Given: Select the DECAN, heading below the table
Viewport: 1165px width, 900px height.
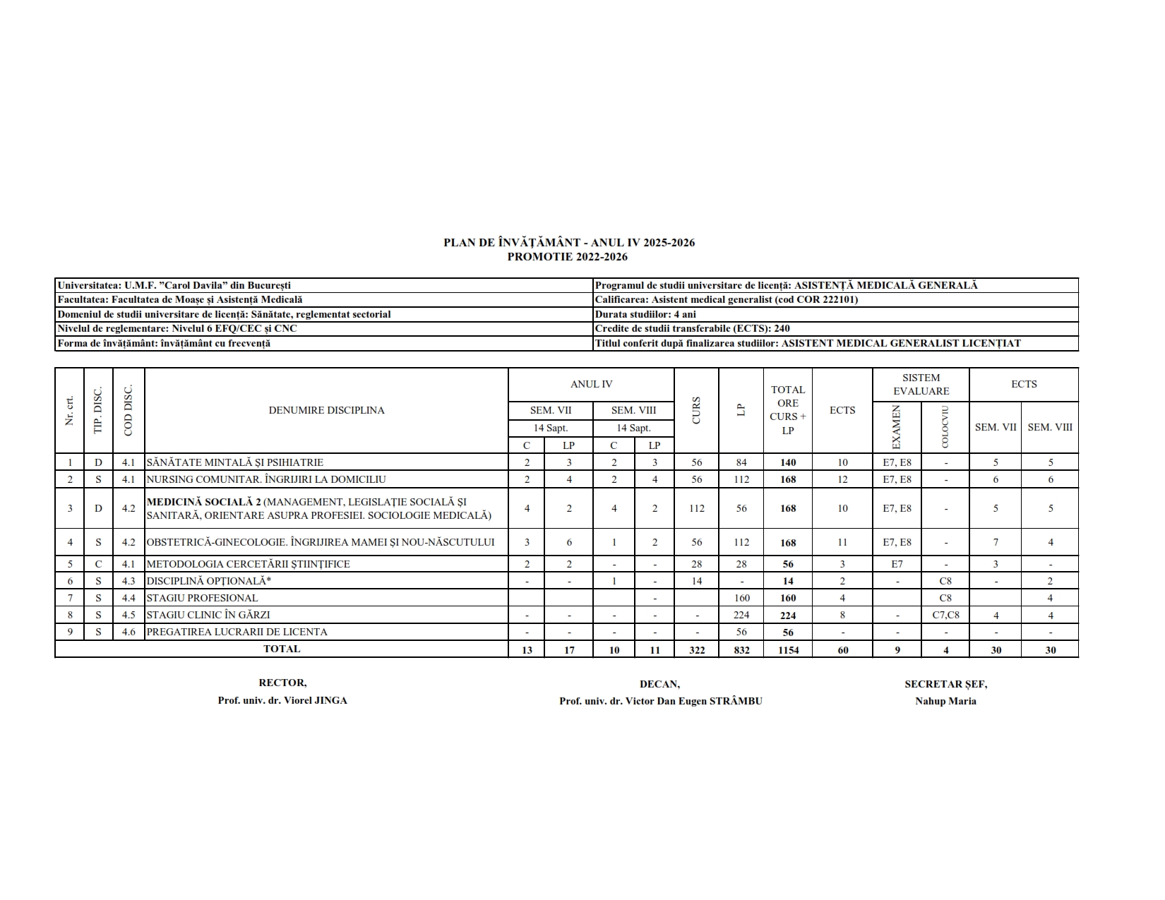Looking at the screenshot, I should (659, 684).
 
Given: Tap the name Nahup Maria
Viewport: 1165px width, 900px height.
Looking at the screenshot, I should (945, 701).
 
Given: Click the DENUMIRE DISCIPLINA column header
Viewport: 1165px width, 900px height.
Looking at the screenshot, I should (326, 410).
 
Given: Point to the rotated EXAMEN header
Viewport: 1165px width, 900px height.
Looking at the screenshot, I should (897, 427).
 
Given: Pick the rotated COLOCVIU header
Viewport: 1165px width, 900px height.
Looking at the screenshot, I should (945, 427).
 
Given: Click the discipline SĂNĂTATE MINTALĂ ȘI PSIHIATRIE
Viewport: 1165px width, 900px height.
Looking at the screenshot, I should (235, 462).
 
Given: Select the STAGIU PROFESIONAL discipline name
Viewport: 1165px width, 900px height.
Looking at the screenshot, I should (202, 598).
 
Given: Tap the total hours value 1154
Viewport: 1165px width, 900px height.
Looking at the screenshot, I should (788, 650).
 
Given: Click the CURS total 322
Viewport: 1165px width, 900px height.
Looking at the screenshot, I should (696, 650).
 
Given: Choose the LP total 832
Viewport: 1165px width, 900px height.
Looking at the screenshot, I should (741, 650).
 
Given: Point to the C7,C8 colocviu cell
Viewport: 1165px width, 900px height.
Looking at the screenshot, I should (945, 615).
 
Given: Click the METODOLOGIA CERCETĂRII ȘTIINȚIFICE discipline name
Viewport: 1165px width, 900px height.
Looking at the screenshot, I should (249, 564).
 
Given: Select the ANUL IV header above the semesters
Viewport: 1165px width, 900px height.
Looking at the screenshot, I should (591, 384).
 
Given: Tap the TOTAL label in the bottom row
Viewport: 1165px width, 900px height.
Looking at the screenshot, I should (281, 649).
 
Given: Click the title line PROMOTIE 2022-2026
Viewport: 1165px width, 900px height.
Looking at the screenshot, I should (567, 257).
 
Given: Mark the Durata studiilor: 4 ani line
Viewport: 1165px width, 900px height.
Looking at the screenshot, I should (645, 314).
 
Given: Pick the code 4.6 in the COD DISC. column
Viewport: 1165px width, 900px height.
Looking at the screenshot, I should (128, 632).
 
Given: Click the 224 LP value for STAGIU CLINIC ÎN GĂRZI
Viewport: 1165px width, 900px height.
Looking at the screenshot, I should (741, 615).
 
